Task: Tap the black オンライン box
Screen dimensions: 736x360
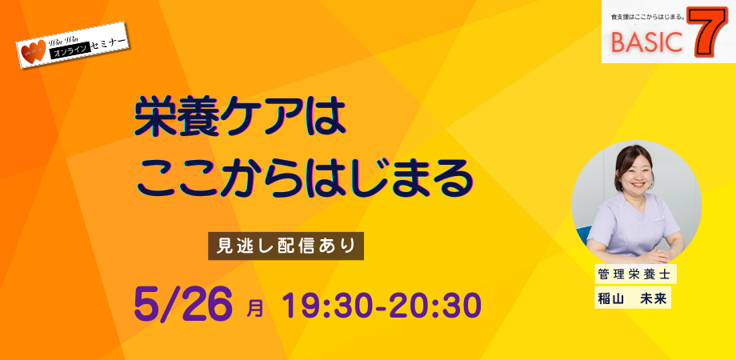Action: [x=69, y=52]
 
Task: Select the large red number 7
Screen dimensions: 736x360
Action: [x=707, y=32]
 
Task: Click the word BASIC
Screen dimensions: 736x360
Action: [x=646, y=42]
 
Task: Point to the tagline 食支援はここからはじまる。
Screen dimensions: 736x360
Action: [x=648, y=17]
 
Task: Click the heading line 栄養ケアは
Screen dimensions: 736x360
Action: [x=239, y=118]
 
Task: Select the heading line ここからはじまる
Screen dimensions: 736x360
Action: [x=303, y=178]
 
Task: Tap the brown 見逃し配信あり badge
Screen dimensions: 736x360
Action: [x=286, y=246]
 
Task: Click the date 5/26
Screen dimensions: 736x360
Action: [x=183, y=305]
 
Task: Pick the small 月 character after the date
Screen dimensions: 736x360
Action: [x=255, y=310]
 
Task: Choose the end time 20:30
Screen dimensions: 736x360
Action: [x=434, y=305]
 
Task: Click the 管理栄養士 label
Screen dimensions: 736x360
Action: [x=635, y=274]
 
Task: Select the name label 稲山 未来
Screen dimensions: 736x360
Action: [x=632, y=299]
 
